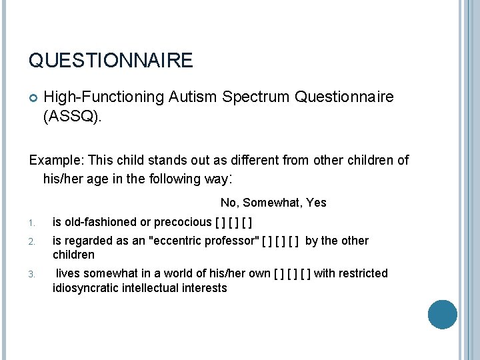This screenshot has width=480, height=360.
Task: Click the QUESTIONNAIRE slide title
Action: tap(111, 61)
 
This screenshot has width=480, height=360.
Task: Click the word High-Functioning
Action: tap(103, 97)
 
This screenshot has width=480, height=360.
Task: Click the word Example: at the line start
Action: tap(55, 161)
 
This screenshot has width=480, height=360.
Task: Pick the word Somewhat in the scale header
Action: tap(274, 203)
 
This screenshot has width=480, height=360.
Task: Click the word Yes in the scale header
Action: tap(316, 203)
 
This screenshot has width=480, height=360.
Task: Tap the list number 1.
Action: tap(32, 223)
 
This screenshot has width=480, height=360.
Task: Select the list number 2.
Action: tap(32, 241)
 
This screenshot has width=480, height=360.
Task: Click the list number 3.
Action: tap(32, 274)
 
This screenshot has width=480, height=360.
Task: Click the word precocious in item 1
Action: tap(182, 222)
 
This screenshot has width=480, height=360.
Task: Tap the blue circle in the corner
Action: tap(442, 315)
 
